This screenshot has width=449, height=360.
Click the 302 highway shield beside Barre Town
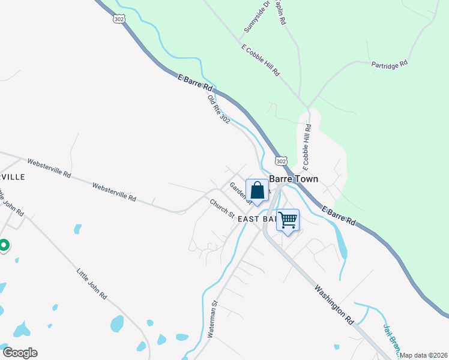282,161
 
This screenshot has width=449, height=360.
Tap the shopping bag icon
257,190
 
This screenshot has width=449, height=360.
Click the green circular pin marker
3,245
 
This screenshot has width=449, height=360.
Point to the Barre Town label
294,179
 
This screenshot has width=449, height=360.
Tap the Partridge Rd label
389,62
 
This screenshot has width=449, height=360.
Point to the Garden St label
237,191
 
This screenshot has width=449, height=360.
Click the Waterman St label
212,323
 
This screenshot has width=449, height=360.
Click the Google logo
20,353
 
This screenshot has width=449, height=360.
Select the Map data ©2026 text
424,355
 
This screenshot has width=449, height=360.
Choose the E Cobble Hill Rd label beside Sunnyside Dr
261,59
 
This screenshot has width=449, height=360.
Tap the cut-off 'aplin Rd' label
280,12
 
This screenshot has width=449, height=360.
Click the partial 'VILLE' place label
12,177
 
